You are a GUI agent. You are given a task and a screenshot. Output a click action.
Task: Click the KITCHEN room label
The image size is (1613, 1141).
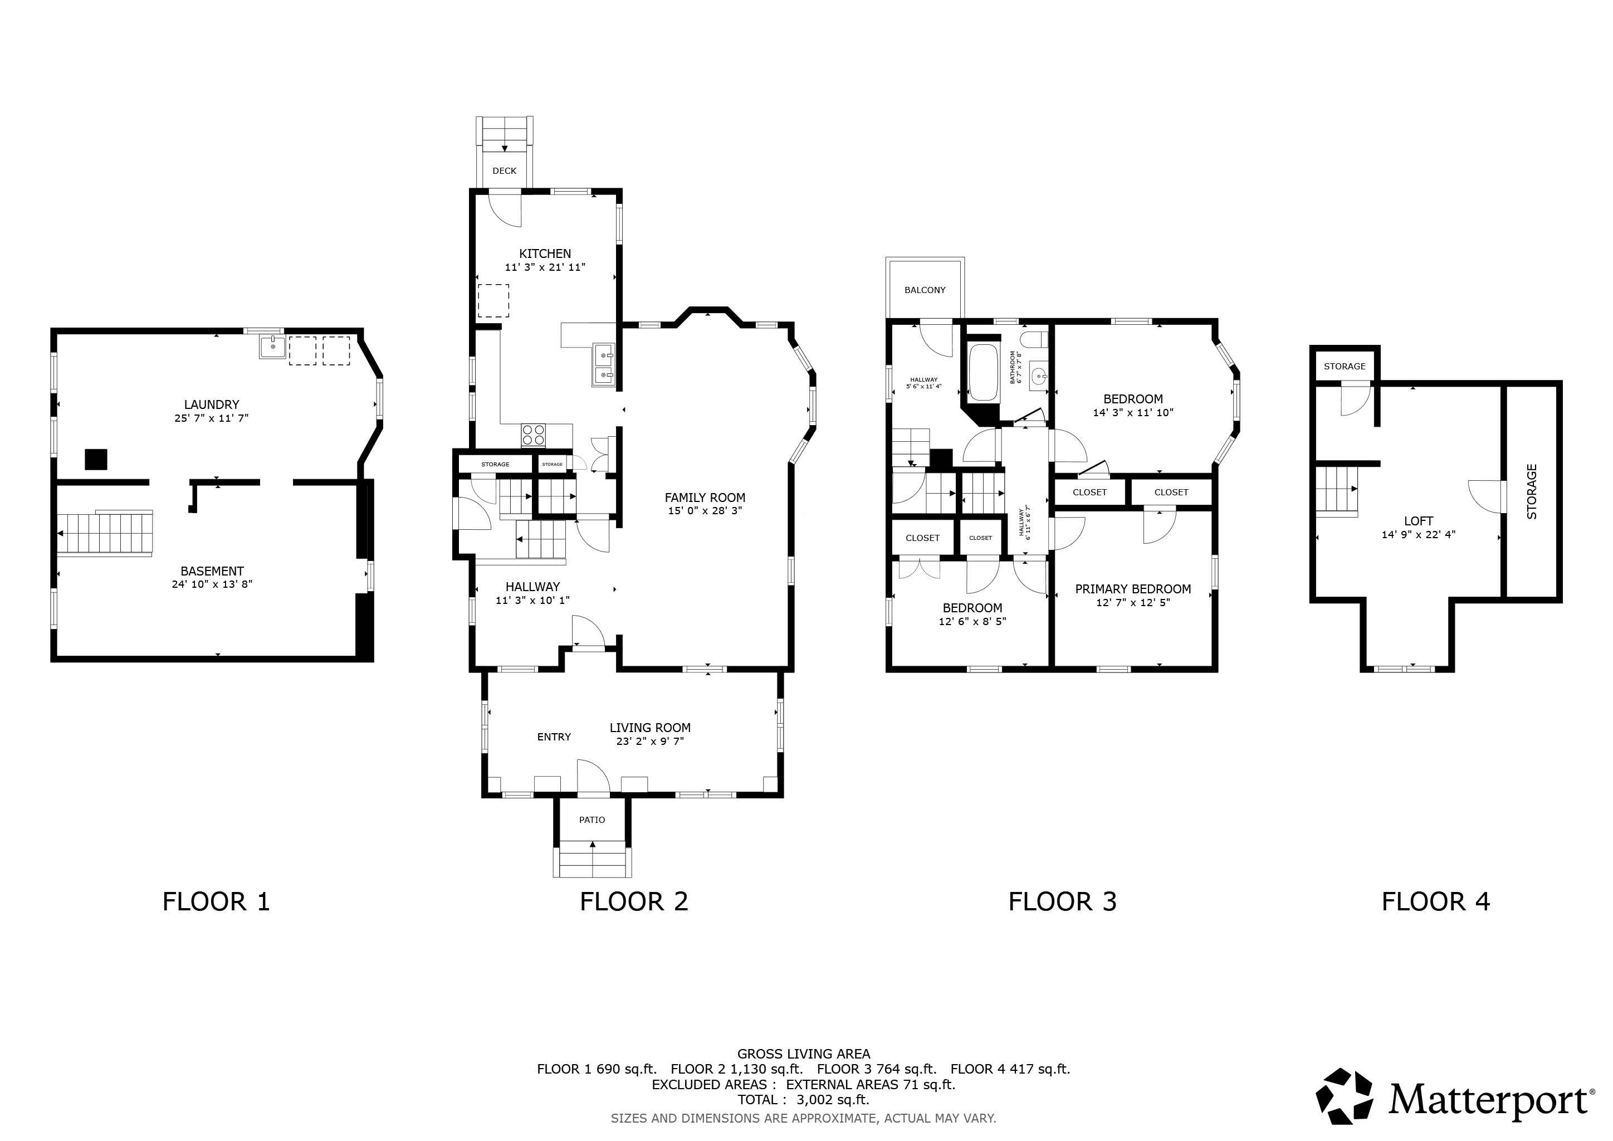[x=545, y=253]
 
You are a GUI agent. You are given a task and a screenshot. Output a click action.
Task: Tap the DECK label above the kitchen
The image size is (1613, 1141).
[x=505, y=170]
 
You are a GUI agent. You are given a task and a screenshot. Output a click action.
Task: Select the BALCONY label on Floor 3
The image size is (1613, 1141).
[x=925, y=290]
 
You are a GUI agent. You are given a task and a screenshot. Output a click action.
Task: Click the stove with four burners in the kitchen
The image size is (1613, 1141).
[x=533, y=435]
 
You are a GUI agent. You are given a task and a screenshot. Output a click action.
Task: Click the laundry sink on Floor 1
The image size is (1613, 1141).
[x=272, y=347]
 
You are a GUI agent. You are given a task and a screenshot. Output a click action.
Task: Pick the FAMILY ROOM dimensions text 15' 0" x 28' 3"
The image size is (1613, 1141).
[x=705, y=511]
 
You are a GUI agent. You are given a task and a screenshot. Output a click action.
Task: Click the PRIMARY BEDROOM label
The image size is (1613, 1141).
[x=1132, y=589]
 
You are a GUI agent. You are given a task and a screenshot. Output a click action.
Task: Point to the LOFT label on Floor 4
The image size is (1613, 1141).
[x=1419, y=520]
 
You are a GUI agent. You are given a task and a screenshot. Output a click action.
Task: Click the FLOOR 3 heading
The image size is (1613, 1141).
[x=1062, y=901]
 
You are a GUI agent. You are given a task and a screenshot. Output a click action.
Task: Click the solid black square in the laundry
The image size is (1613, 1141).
[x=96, y=460]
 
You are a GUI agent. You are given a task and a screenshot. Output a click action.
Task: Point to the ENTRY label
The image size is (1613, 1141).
[x=554, y=737]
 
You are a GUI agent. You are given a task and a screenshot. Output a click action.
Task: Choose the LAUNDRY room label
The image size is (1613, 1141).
[x=212, y=404]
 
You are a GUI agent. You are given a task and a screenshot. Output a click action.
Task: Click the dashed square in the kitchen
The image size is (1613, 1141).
[x=493, y=301]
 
